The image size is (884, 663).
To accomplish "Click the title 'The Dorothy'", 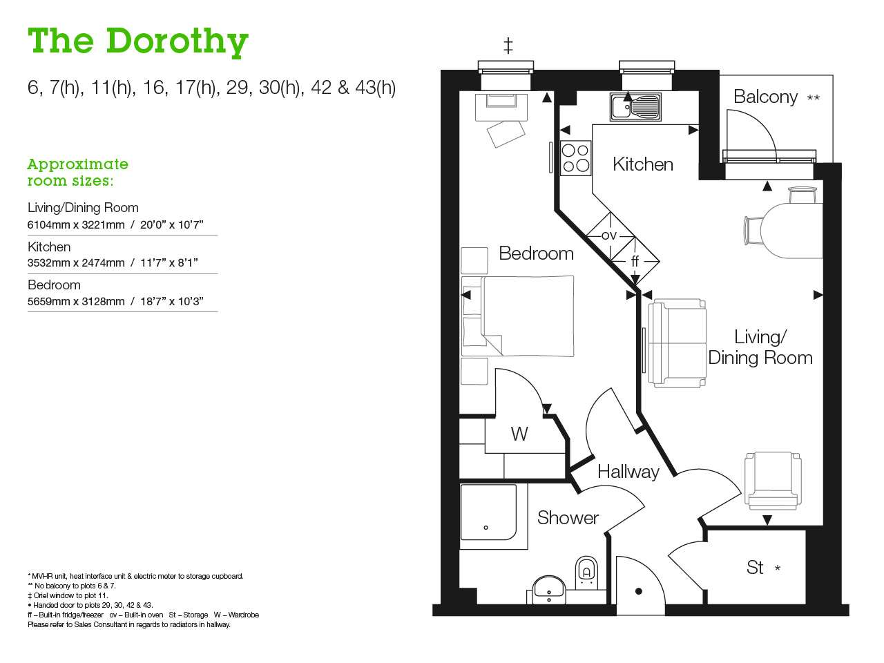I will [x=138, y=41].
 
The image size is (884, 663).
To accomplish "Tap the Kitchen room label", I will [x=642, y=164].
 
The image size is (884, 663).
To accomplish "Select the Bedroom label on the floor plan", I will [x=536, y=253].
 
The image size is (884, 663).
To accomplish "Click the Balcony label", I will [x=765, y=97].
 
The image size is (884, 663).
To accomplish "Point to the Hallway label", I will [x=628, y=472].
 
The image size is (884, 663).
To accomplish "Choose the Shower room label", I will [x=568, y=518].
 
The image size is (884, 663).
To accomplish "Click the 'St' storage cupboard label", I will [x=755, y=568].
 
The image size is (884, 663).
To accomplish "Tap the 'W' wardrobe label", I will [x=519, y=434].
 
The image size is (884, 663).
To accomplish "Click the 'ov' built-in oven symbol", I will [x=609, y=236].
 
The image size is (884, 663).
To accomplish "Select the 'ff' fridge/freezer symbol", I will [x=635, y=261].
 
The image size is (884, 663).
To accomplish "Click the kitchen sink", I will [x=636, y=107].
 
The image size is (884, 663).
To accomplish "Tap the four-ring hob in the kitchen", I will [x=575, y=157].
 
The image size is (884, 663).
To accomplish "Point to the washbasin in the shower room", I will [x=549, y=589].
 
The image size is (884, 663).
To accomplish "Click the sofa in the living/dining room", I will [x=677, y=343].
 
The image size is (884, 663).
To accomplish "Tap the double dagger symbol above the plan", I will [x=508, y=46].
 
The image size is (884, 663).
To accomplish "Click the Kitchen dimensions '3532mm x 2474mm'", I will [x=76, y=263].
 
